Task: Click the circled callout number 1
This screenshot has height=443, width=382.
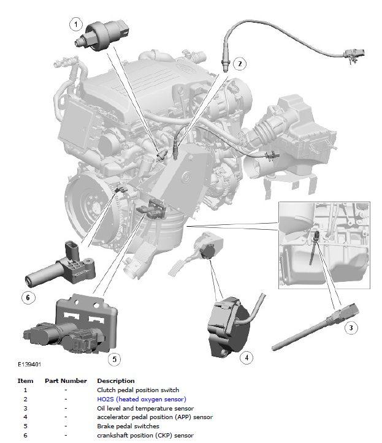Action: point(76,25)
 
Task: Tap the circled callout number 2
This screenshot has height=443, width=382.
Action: point(240,64)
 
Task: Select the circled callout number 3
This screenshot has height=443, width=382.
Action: point(351,328)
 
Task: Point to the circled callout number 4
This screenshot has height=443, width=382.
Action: point(246,358)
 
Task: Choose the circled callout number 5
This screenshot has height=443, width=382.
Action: point(115,359)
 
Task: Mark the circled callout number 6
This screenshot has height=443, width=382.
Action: point(28,298)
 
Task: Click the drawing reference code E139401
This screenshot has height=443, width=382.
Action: point(29,365)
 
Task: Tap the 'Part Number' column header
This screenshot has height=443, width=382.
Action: point(66,381)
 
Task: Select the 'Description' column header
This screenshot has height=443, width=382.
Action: point(116,381)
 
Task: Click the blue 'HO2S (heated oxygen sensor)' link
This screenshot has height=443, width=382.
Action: point(142,399)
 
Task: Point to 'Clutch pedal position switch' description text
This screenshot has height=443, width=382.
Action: point(138,390)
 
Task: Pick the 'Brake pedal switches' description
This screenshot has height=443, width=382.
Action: point(128,426)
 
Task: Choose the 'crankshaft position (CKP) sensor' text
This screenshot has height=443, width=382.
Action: point(145,436)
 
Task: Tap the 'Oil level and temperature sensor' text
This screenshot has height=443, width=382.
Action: point(145,408)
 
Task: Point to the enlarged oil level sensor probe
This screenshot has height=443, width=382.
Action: point(315,327)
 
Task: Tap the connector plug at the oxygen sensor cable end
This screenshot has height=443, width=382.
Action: point(354,55)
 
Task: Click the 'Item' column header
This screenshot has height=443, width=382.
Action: point(25,381)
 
